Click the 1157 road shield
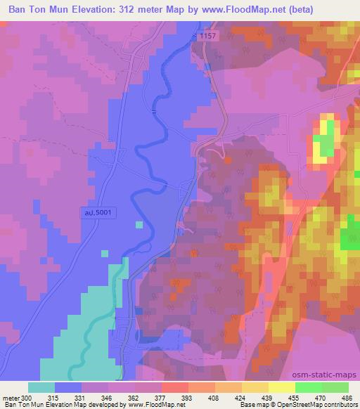click(205, 34)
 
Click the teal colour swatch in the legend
click(41, 387)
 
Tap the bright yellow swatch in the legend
click(282, 387)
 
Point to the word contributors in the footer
click(340, 405)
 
